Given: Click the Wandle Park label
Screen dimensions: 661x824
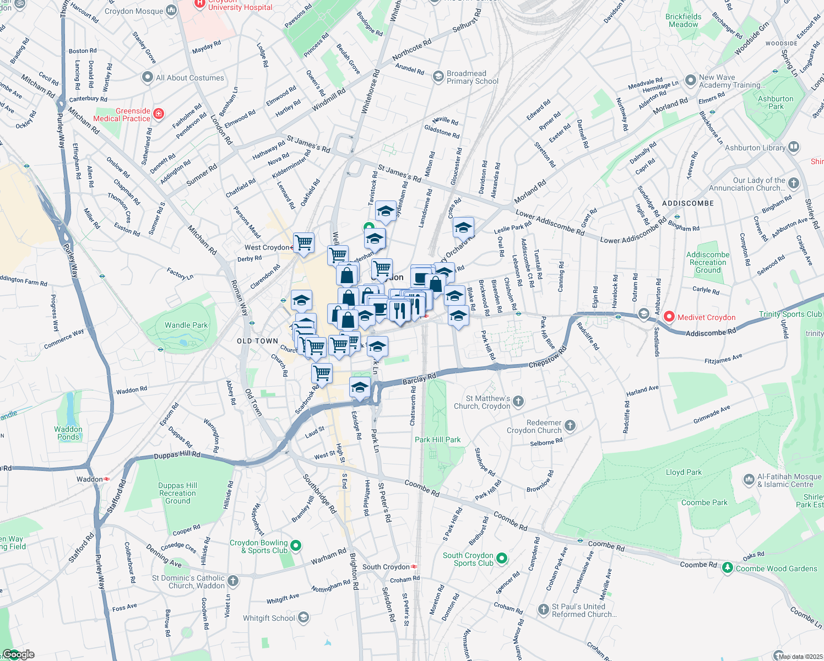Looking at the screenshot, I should click(186, 325).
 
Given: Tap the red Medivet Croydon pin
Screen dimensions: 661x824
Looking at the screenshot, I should click(669, 317).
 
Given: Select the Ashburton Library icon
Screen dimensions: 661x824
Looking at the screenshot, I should click(794, 147).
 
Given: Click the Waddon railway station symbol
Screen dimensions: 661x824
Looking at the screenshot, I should click(106, 479).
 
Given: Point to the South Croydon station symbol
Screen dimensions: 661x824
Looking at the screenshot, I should click(414, 566).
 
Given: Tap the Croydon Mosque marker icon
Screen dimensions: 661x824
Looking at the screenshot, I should click(171, 10).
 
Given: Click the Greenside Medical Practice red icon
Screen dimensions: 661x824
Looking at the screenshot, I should click(159, 114).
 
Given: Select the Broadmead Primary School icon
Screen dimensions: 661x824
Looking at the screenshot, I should click(438, 77).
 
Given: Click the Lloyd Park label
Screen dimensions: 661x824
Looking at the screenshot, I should click(684, 472).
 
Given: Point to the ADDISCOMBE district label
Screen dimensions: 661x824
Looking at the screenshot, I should click(688, 203).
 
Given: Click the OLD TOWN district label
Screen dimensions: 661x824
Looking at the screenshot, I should click(257, 341).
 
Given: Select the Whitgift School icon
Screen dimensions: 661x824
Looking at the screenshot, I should click(303, 618).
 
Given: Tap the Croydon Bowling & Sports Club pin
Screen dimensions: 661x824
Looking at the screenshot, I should click(296, 546).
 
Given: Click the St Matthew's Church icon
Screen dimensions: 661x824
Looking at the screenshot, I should click(518, 402).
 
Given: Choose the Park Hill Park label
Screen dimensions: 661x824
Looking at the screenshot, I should click(437, 440).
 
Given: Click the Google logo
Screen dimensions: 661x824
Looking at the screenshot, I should click(18, 654).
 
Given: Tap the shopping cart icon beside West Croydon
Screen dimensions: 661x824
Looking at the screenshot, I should click(303, 242).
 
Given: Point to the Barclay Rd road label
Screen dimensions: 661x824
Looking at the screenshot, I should click(419, 380).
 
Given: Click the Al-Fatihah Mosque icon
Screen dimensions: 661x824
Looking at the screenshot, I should click(749, 480).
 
